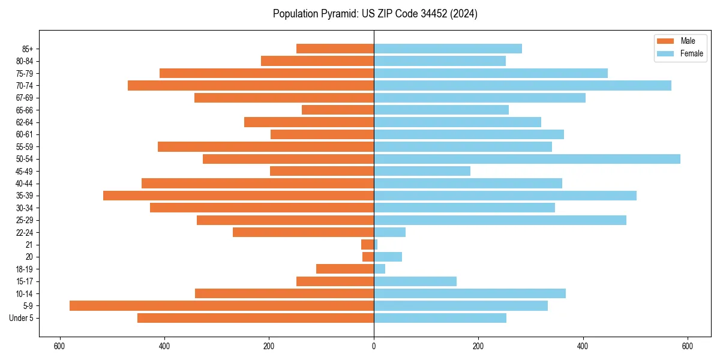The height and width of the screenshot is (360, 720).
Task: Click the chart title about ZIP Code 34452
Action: coord(375,14)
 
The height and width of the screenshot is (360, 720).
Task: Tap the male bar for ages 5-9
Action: coord(221,305)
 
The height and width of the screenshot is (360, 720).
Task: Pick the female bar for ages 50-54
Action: coord(527,159)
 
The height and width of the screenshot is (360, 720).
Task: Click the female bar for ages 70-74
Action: coord(522,86)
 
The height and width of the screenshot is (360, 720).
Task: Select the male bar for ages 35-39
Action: coord(238,196)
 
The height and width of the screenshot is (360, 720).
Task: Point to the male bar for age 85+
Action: coord(335,49)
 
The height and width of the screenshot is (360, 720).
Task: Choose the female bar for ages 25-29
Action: coord(500,220)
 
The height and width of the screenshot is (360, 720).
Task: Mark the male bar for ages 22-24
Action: coord(303,232)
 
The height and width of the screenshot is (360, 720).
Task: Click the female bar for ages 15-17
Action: coord(415,281)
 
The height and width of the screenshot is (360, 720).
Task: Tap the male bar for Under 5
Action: coord(256,318)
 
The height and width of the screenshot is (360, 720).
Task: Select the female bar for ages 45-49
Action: coord(422,171)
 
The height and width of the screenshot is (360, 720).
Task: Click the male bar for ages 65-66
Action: coord(338,110)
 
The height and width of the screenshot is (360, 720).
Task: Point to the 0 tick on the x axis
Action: coord(374,346)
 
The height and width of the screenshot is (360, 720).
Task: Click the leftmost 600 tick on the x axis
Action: coord(59,346)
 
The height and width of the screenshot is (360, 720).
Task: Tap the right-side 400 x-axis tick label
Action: coord(583,346)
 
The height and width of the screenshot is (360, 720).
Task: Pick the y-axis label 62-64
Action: coord(25,122)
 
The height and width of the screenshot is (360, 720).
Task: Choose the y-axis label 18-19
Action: coord(25,269)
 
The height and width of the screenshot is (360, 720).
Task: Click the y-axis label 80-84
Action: coord(25,61)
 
